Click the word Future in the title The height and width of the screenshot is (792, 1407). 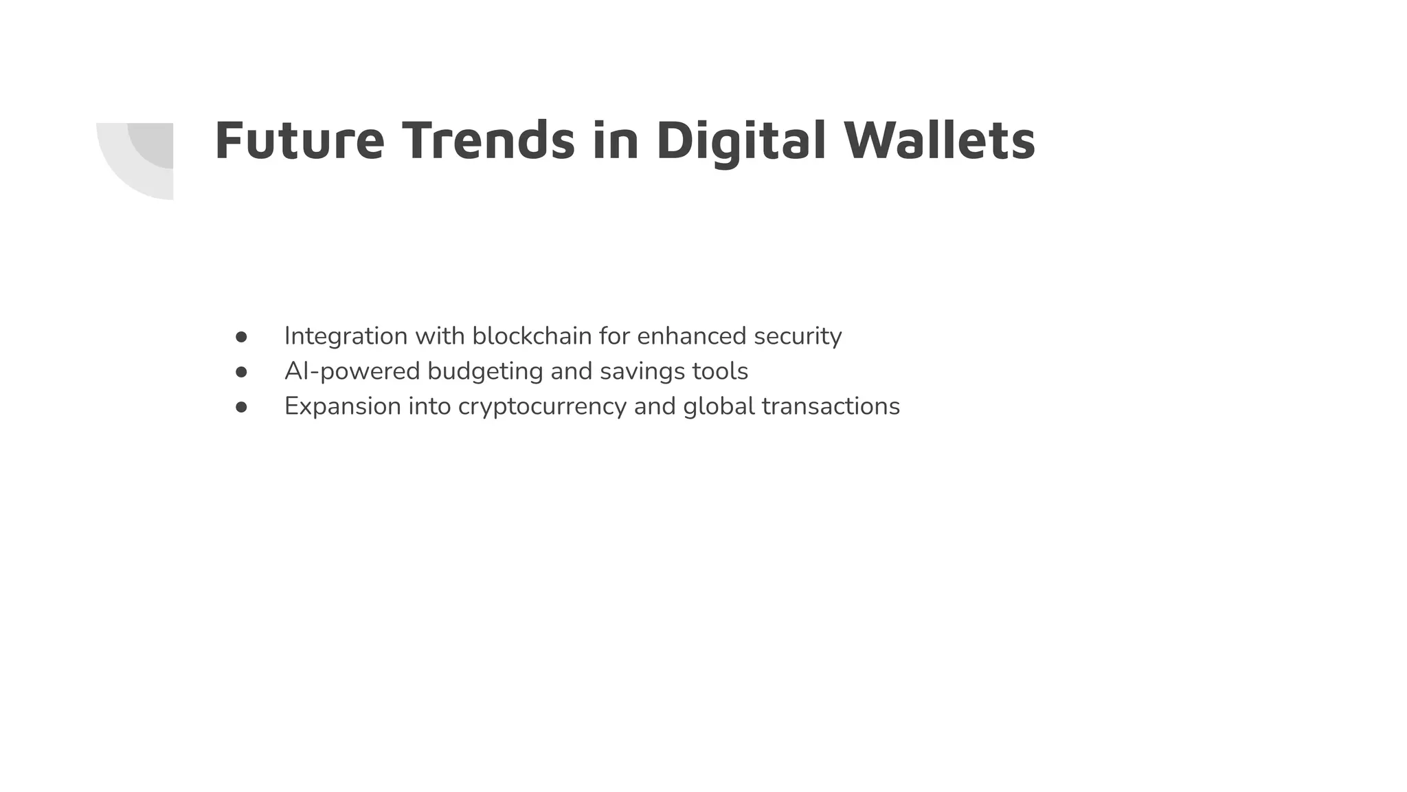coord(299,141)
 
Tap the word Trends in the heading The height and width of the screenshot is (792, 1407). coord(488,141)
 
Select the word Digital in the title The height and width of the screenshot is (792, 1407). coord(741,141)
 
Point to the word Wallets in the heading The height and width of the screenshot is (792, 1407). coord(939,141)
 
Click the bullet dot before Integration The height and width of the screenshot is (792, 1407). coord(241,337)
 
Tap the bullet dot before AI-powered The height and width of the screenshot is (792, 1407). coord(241,372)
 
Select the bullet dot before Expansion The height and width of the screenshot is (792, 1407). coord(241,407)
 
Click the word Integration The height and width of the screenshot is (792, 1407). coord(346,336)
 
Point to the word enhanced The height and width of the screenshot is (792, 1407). coord(691,336)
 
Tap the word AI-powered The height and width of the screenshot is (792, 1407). coord(352,371)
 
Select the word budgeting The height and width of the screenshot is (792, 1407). coord(485,372)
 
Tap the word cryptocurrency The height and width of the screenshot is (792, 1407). coord(542,407)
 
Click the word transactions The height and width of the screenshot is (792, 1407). coord(831,406)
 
